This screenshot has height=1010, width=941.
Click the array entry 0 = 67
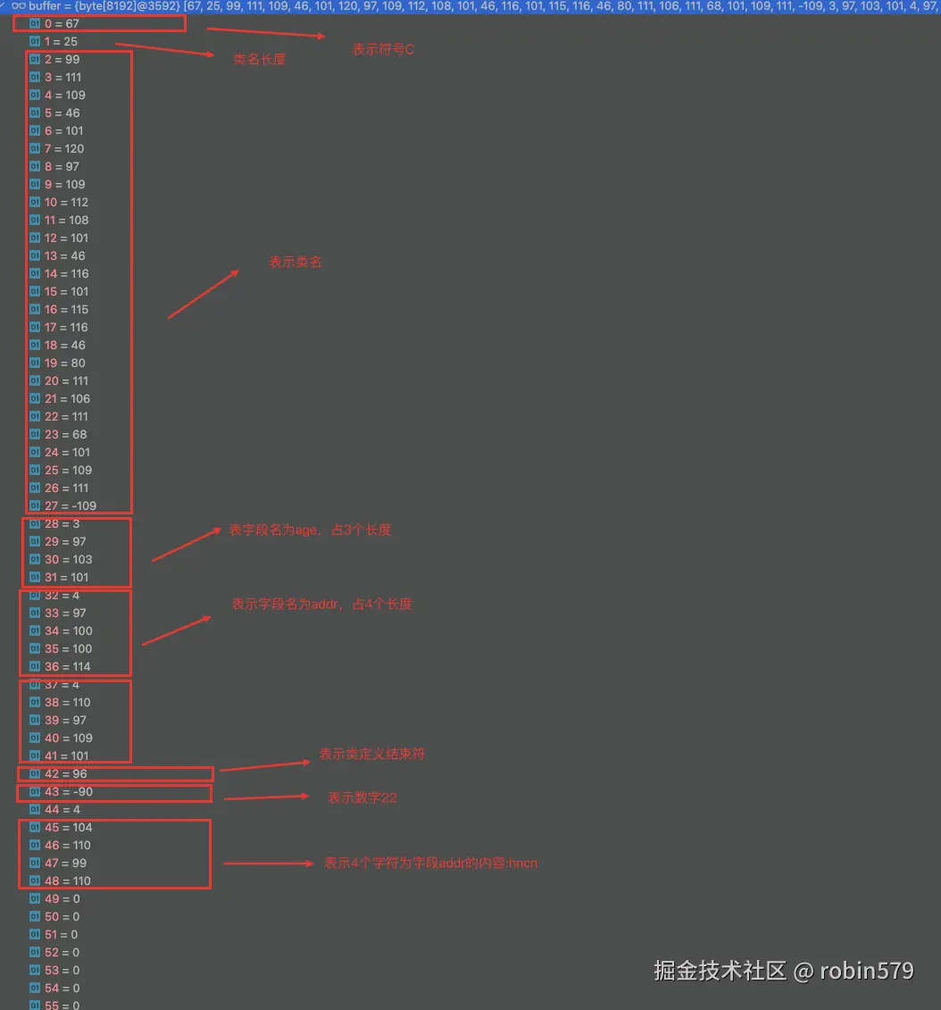coord(62,23)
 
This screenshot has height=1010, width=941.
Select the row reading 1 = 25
coord(61,41)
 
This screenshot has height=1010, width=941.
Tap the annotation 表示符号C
coord(383,50)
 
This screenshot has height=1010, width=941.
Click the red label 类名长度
coord(259,59)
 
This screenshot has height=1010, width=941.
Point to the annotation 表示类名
coord(296,263)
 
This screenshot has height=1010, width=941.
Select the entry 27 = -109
coord(70,505)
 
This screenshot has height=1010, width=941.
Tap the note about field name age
coord(310,530)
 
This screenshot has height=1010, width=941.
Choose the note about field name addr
coord(321,604)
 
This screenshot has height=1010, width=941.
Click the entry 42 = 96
coord(66,773)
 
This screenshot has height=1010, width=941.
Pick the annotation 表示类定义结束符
coord(371,754)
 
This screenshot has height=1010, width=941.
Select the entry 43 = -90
coord(69,791)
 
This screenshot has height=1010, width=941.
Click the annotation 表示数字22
coord(362,797)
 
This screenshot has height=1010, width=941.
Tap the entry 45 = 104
coord(69,827)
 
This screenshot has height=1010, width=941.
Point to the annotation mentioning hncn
coord(430,864)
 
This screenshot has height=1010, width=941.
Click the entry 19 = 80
coord(65,363)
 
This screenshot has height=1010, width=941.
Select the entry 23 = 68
coord(65,434)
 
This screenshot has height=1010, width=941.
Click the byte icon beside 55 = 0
coord(35,1006)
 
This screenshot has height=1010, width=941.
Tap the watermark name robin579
coord(866,971)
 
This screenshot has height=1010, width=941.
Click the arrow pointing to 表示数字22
coord(265,797)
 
